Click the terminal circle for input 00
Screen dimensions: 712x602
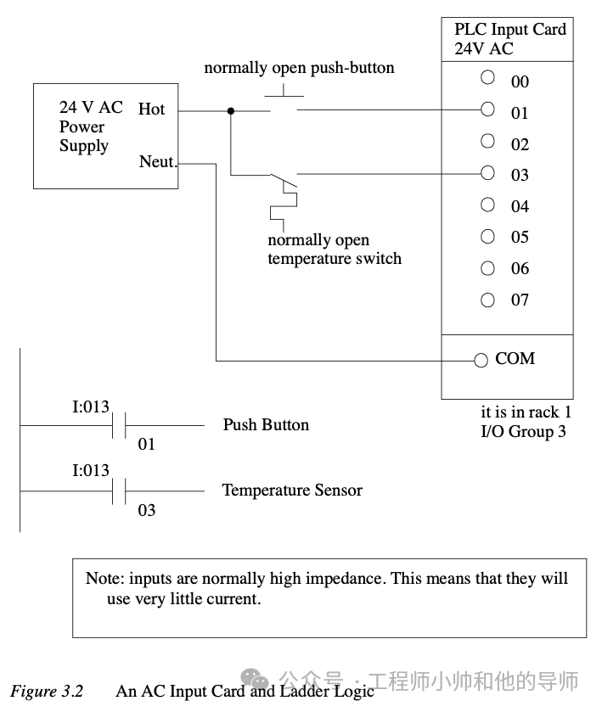(x=487, y=77)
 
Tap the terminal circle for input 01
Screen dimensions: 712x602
(x=487, y=109)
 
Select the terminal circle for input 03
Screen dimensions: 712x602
(x=487, y=172)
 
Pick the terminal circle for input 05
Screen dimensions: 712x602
(x=487, y=236)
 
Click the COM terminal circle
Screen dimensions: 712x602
(x=481, y=360)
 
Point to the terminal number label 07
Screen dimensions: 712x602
(x=520, y=300)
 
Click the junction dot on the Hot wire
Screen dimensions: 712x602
(x=231, y=110)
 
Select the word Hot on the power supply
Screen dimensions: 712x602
(x=151, y=109)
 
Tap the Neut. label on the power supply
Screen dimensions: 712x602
(x=158, y=161)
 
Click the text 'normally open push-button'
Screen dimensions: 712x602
(x=299, y=68)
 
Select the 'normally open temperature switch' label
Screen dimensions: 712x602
(x=334, y=249)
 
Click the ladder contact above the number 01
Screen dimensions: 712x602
(x=120, y=424)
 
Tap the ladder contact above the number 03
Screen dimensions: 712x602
(x=120, y=491)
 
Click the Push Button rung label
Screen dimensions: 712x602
(x=266, y=424)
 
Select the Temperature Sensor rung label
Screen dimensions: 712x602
(x=291, y=491)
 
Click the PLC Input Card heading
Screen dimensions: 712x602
(x=509, y=30)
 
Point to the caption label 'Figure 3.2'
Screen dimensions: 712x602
(x=47, y=691)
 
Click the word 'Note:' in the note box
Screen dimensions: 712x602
(x=104, y=579)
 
